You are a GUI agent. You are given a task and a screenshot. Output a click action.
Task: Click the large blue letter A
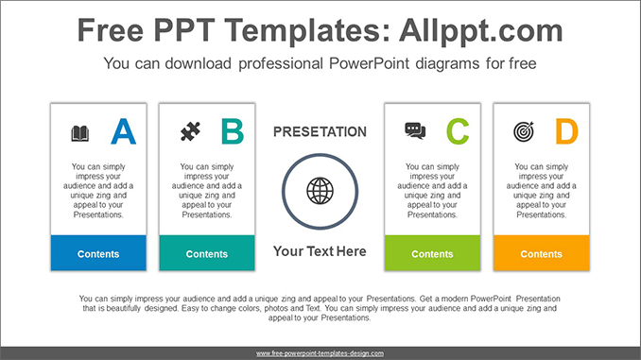point(123,131)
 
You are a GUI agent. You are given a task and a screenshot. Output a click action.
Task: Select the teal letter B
point(232,131)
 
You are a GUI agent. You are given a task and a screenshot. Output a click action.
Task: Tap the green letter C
point(457,131)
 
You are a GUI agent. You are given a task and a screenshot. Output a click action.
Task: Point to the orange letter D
point(565,131)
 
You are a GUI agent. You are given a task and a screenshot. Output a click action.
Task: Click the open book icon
point(80,133)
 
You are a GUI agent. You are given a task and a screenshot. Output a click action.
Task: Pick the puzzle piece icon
point(189,131)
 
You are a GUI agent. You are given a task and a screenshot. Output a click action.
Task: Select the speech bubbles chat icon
point(415,131)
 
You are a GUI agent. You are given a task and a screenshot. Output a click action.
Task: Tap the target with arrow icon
point(523,131)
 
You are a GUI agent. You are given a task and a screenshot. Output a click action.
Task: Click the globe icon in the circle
point(320,190)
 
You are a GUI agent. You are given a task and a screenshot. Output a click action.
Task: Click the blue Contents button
point(98,253)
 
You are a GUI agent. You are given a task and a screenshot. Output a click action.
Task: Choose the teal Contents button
point(207,253)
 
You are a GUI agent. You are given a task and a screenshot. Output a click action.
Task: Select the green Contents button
point(432,253)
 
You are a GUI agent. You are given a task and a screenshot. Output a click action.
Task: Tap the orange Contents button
point(541,253)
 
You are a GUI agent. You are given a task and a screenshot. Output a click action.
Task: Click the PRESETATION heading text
point(320,132)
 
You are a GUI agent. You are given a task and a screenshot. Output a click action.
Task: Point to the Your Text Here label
point(320,251)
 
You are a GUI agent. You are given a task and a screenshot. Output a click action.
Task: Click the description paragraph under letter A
point(98,191)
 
